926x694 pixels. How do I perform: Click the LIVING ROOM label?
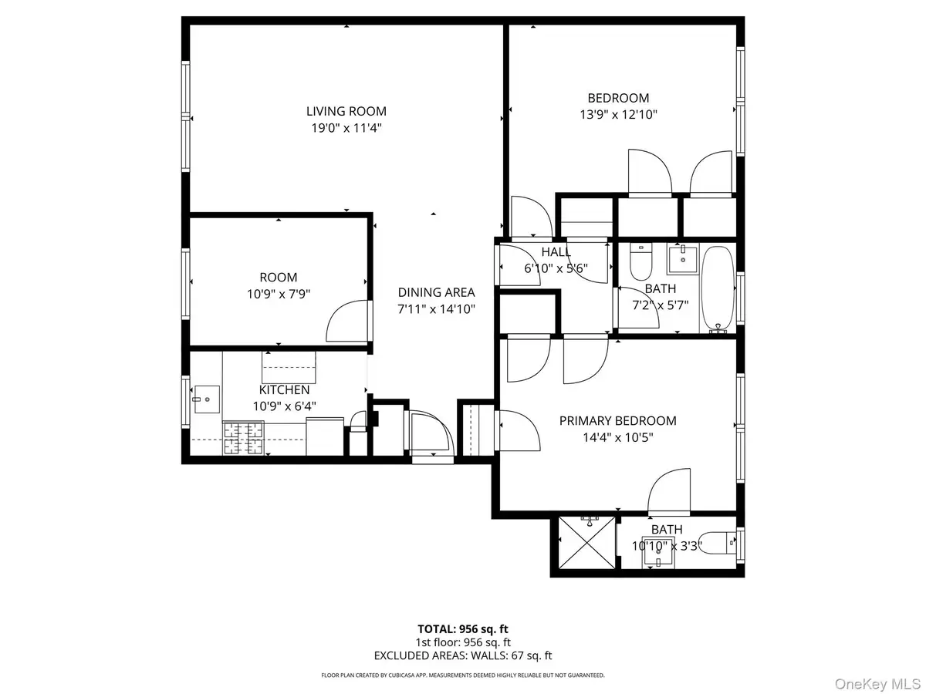coord(346,111)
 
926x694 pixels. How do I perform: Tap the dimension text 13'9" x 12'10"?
coord(618,114)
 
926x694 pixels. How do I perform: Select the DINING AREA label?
coord(436,292)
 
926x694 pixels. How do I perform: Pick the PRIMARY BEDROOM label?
coord(617,420)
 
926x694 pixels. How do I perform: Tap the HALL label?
coord(556,252)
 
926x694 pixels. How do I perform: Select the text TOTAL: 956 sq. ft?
coord(463,628)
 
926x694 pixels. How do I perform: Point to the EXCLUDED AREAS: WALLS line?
coord(463,656)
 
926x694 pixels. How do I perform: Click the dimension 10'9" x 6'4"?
coord(279,406)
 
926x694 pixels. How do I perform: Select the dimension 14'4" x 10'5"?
coord(617,436)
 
